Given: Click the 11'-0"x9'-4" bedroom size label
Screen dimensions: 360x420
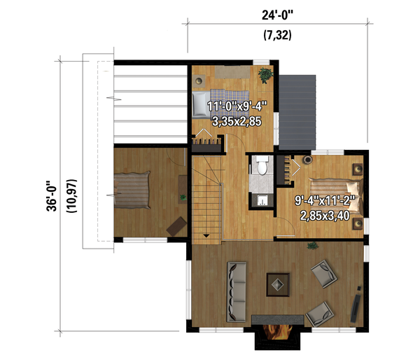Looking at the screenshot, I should [x=237, y=107].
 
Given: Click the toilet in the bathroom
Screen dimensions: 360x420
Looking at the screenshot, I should [x=262, y=166].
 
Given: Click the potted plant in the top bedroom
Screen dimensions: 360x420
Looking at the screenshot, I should [x=265, y=73].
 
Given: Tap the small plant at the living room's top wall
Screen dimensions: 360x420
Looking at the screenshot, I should [x=311, y=245].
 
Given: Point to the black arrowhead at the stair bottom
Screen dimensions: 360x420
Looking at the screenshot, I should [x=206, y=237].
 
